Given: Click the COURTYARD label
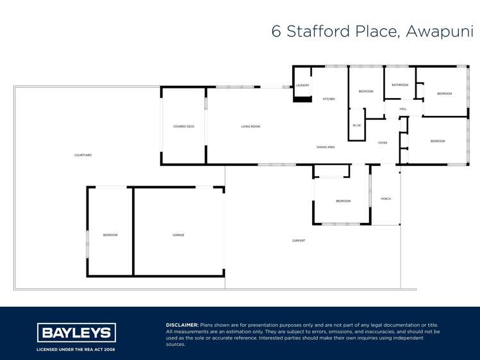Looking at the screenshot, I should [83, 155].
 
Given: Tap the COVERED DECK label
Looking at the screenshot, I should [183, 126].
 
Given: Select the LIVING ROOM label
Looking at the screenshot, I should [251, 126].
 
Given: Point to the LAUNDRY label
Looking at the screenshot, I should [302, 85].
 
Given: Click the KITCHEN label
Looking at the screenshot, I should [329, 99].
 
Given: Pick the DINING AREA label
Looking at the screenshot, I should [326, 147].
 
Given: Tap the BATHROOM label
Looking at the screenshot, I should [400, 85].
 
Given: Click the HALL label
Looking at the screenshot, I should [403, 109].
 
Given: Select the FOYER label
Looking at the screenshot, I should [383, 143].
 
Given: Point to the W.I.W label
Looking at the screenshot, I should [357, 125].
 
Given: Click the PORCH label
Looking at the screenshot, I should [386, 199].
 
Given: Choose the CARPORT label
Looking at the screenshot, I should [299, 240].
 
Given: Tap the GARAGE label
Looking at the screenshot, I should [178, 235].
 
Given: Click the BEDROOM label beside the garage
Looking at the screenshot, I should [110, 235].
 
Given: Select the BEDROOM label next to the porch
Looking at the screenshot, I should [343, 201].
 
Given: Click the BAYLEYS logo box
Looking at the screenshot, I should [76, 332].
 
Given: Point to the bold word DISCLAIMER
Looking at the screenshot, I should [182, 325].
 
